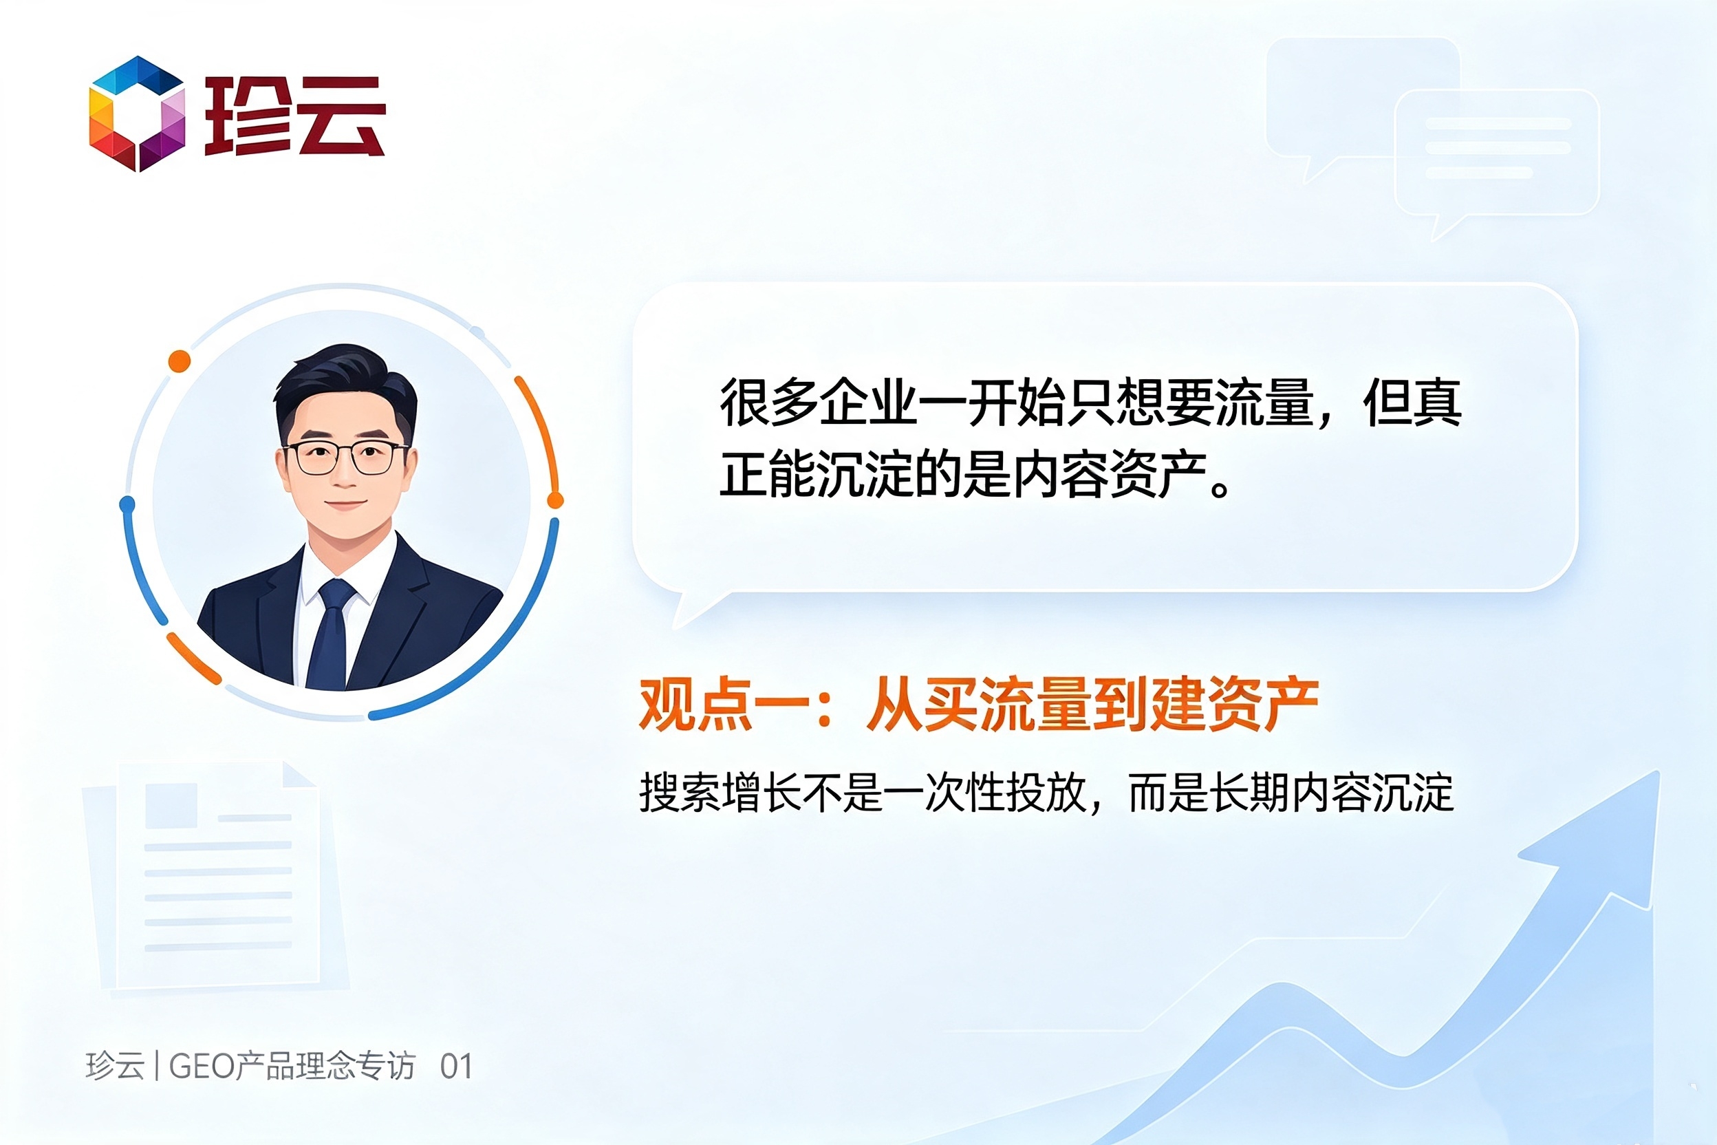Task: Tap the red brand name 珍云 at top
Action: pyautogui.click(x=295, y=116)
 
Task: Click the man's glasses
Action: pyautogui.click(x=345, y=457)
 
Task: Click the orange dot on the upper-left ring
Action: pyautogui.click(x=180, y=361)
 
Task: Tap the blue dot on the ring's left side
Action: pyautogui.click(x=127, y=504)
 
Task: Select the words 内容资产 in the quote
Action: pyautogui.click(x=1110, y=475)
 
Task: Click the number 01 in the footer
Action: pyautogui.click(x=456, y=1067)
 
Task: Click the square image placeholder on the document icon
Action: pyautogui.click(x=171, y=806)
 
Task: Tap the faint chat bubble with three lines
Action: pyautogui.click(x=1497, y=157)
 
